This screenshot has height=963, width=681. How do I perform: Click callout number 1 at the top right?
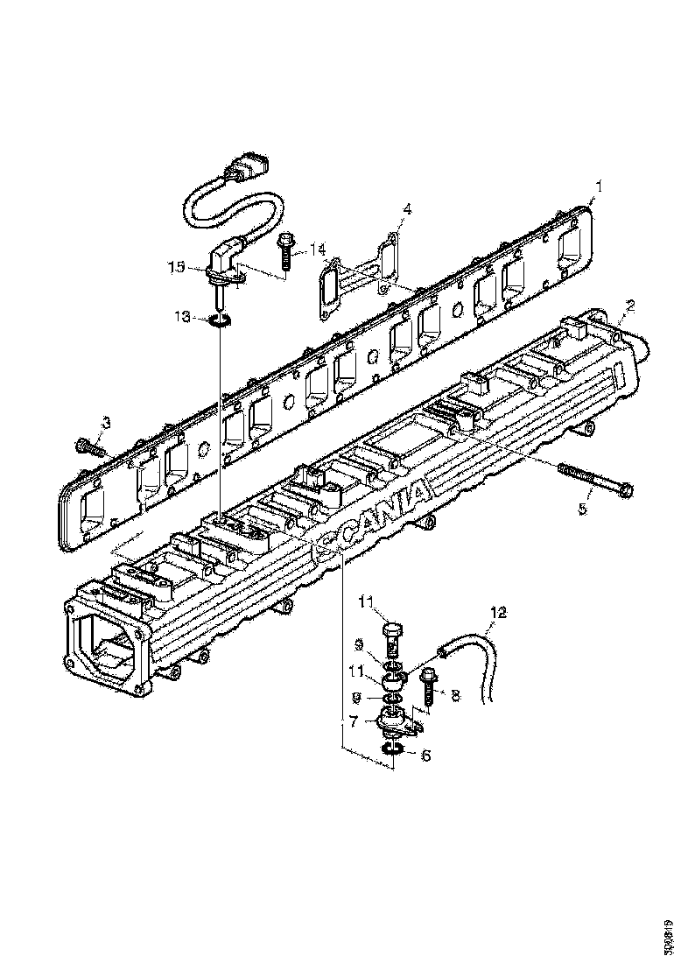pyautogui.click(x=599, y=186)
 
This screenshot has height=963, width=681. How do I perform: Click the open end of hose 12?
pyautogui.click(x=444, y=650)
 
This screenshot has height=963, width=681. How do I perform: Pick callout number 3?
pyautogui.click(x=106, y=424)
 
